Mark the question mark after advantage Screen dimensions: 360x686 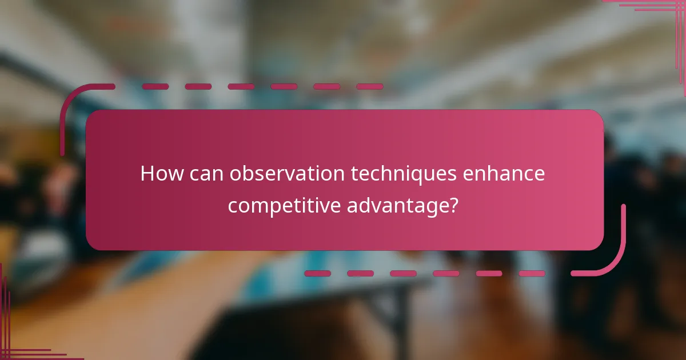pyautogui.click(x=452, y=204)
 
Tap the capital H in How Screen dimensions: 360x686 pyautogui.click(x=146, y=174)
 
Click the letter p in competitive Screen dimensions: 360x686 pyautogui.click(x=268, y=207)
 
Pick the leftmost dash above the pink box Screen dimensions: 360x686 pyautogui.click(x=155, y=87)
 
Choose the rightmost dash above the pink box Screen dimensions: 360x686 pyautogui.click(x=370, y=87)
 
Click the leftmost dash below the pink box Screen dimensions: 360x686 pyautogui.click(x=317, y=273)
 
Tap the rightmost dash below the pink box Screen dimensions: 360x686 pyautogui.click(x=532, y=273)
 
